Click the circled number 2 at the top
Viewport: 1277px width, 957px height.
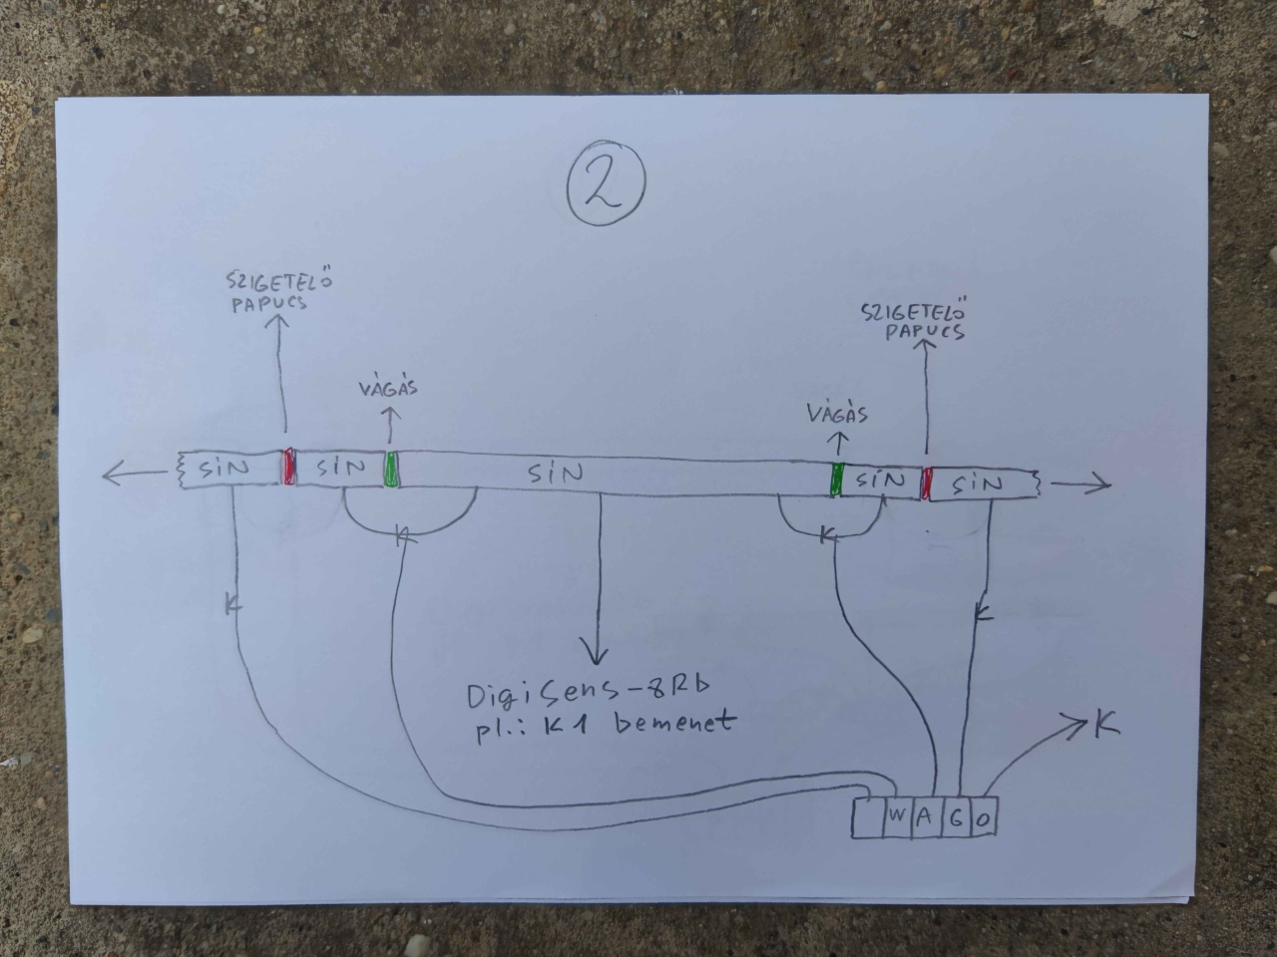point(607,182)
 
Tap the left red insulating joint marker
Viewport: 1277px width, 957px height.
point(288,466)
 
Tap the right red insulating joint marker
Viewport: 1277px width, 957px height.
point(926,482)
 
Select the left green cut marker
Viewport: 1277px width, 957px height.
point(391,469)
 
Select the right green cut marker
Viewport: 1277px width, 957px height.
point(837,479)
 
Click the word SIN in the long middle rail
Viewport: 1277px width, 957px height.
point(555,475)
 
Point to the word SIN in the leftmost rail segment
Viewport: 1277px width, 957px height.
point(223,468)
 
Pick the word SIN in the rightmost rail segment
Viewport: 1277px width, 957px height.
point(978,483)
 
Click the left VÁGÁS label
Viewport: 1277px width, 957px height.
point(389,387)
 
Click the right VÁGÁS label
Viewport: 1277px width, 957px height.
point(838,414)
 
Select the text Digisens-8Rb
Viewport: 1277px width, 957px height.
point(589,692)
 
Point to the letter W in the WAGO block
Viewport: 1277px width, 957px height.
point(897,815)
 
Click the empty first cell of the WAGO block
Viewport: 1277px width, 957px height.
point(868,818)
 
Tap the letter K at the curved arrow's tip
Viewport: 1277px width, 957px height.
point(1106,725)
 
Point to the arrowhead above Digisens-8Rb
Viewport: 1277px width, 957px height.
point(594,655)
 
